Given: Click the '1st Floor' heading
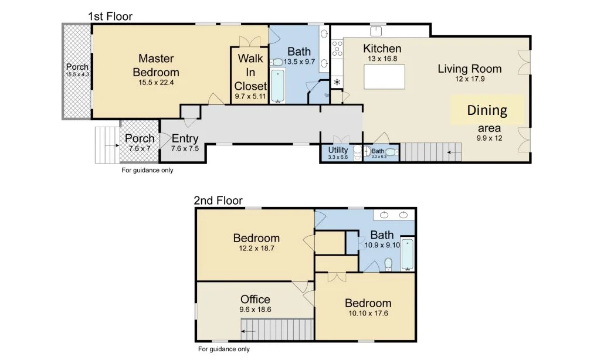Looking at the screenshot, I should tap(110, 16).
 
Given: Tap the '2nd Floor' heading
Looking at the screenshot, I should tap(218, 201).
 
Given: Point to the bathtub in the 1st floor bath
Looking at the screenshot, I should tap(277, 86).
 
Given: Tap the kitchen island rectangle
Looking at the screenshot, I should tap(385, 76).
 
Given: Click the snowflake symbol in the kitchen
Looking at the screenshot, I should tap(337, 82).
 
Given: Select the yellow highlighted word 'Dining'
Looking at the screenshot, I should tap(487, 110).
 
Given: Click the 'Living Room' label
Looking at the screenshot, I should tap(470, 69).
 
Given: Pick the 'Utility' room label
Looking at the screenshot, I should tap(338, 151).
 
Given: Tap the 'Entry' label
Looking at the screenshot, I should tap(185, 139).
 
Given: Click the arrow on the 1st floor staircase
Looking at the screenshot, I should tap(452, 153).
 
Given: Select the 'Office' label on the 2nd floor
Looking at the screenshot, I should tap(255, 300).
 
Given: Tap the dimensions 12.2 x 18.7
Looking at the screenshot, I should tap(256, 249).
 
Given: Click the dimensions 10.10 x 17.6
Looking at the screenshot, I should tap(368, 313).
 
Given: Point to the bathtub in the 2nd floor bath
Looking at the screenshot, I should tap(407, 254).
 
